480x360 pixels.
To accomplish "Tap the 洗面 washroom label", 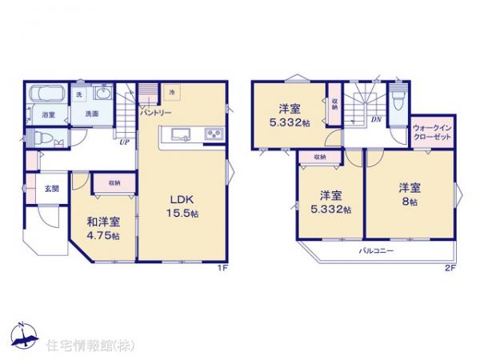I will click(x=92, y=114).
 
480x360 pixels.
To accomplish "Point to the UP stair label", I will click(x=124, y=144).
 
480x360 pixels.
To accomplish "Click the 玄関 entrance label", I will click(x=50, y=189).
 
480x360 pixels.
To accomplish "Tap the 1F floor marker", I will click(x=225, y=268).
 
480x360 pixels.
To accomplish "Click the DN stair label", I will click(x=374, y=121).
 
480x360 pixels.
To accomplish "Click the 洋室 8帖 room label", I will click(x=410, y=194).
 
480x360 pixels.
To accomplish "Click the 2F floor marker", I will click(x=450, y=268).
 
